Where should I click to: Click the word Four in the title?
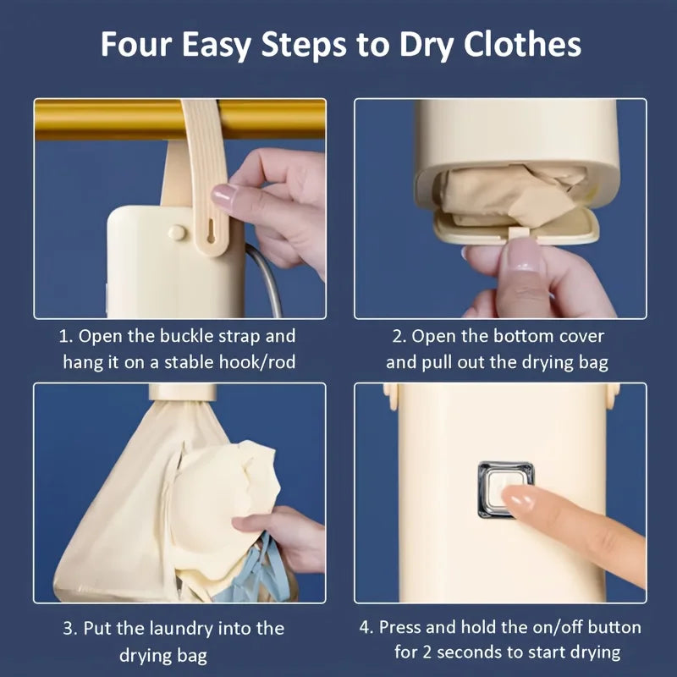(140, 44)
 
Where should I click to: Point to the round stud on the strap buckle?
(176, 231)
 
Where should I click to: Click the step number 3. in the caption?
(70, 629)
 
